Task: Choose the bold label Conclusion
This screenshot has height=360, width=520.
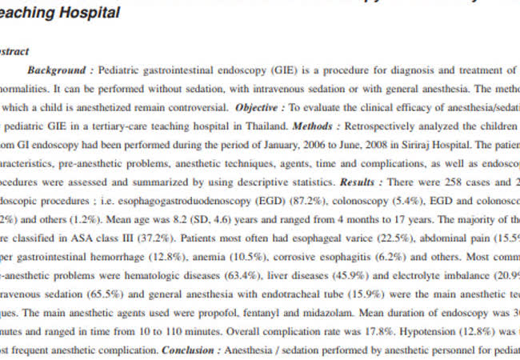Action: (x=188, y=350)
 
